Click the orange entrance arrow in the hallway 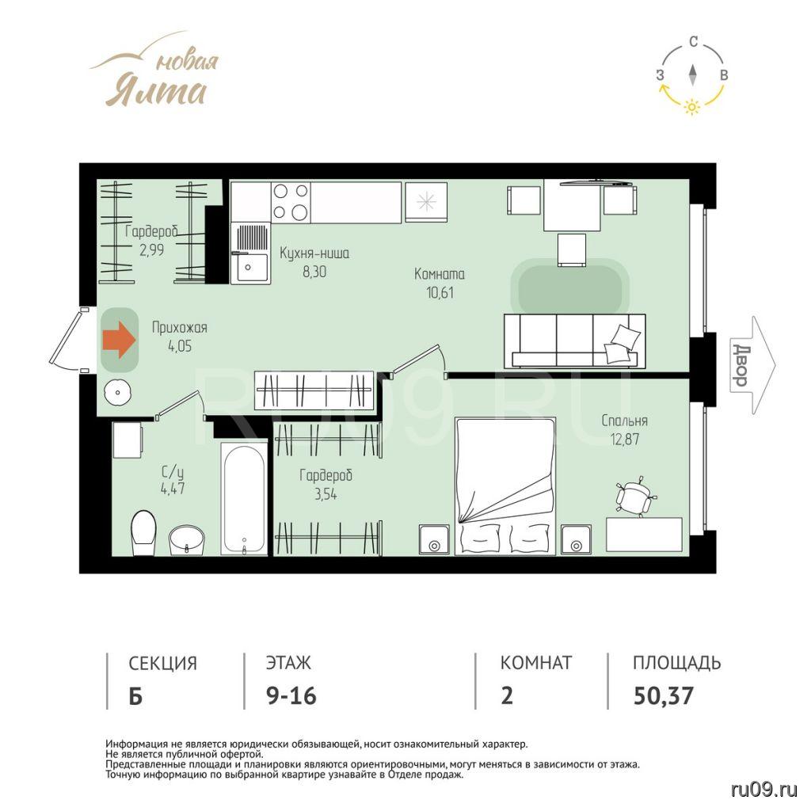[x=119, y=339]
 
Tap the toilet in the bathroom [x=143, y=533]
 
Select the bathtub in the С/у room [x=244, y=499]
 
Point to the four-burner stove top [x=291, y=202]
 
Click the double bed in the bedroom [x=504, y=486]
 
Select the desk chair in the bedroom [x=634, y=497]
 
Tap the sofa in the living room [x=574, y=341]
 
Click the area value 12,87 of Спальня [x=625, y=439]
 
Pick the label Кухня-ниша [x=314, y=253]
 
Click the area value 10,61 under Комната [x=440, y=293]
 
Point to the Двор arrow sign [x=752, y=366]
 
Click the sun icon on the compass [x=692, y=107]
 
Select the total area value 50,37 [x=664, y=695]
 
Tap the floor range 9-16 [x=291, y=695]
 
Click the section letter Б [x=135, y=696]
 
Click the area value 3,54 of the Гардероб [x=326, y=494]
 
